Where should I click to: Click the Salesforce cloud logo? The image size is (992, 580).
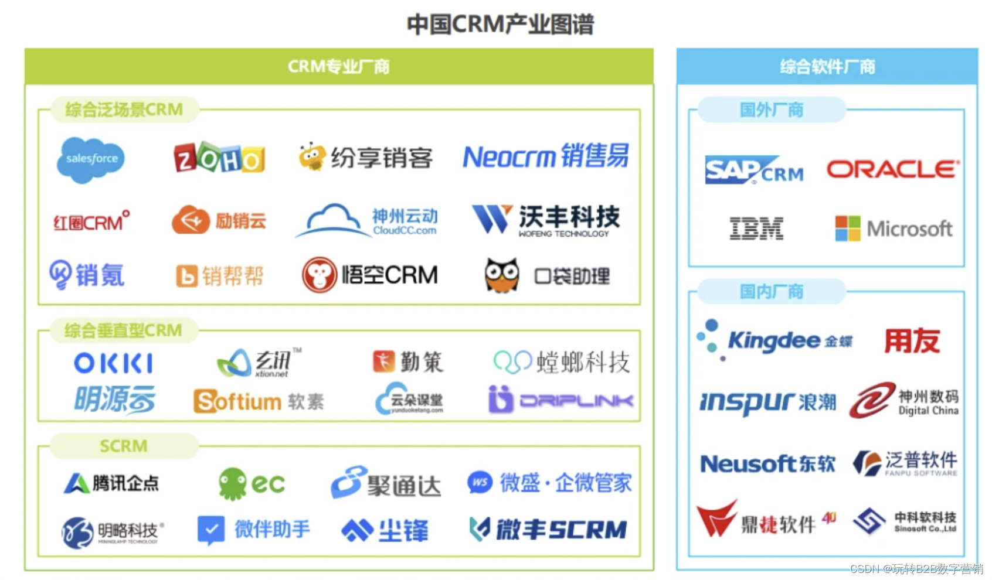tap(91, 159)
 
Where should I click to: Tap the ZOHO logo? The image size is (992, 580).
tap(219, 158)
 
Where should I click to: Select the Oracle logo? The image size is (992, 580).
tap(893, 170)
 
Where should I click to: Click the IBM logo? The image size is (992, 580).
tap(756, 228)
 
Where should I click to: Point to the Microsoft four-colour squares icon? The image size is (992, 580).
tap(848, 228)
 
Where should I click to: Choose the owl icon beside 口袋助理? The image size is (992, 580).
tap(502, 275)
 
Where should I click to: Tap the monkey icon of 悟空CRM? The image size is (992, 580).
tap(319, 275)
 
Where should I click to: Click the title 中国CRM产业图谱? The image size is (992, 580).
tap(500, 25)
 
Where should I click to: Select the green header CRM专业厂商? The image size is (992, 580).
tap(339, 67)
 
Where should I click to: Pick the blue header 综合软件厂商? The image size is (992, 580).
tap(827, 67)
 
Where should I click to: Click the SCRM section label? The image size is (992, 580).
tap(124, 446)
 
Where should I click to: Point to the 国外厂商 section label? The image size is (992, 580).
tap(771, 110)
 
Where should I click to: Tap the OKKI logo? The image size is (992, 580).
tap(114, 363)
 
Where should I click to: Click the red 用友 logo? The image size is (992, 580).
tap(912, 340)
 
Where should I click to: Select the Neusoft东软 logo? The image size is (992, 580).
tap(767, 464)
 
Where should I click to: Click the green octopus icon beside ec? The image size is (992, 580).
tap(232, 484)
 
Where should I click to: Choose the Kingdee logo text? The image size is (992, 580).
tap(774, 340)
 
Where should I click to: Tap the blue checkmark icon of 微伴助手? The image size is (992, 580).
tap(211, 530)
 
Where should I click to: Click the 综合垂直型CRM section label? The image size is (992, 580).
tap(123, 330)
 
